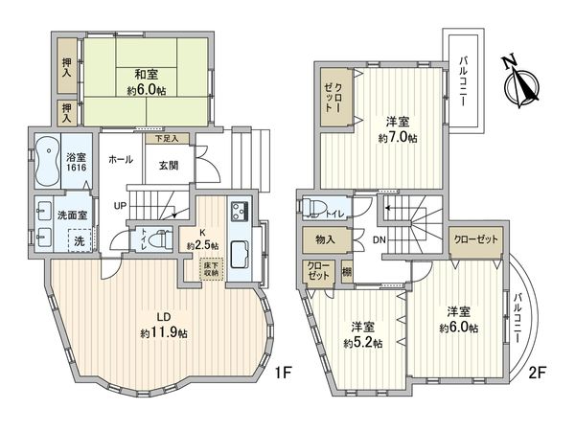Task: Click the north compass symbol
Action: coord(522,80)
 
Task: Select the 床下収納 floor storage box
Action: coord(210,267)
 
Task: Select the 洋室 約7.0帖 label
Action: coord(396,129)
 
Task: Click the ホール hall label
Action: coord(121,159)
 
